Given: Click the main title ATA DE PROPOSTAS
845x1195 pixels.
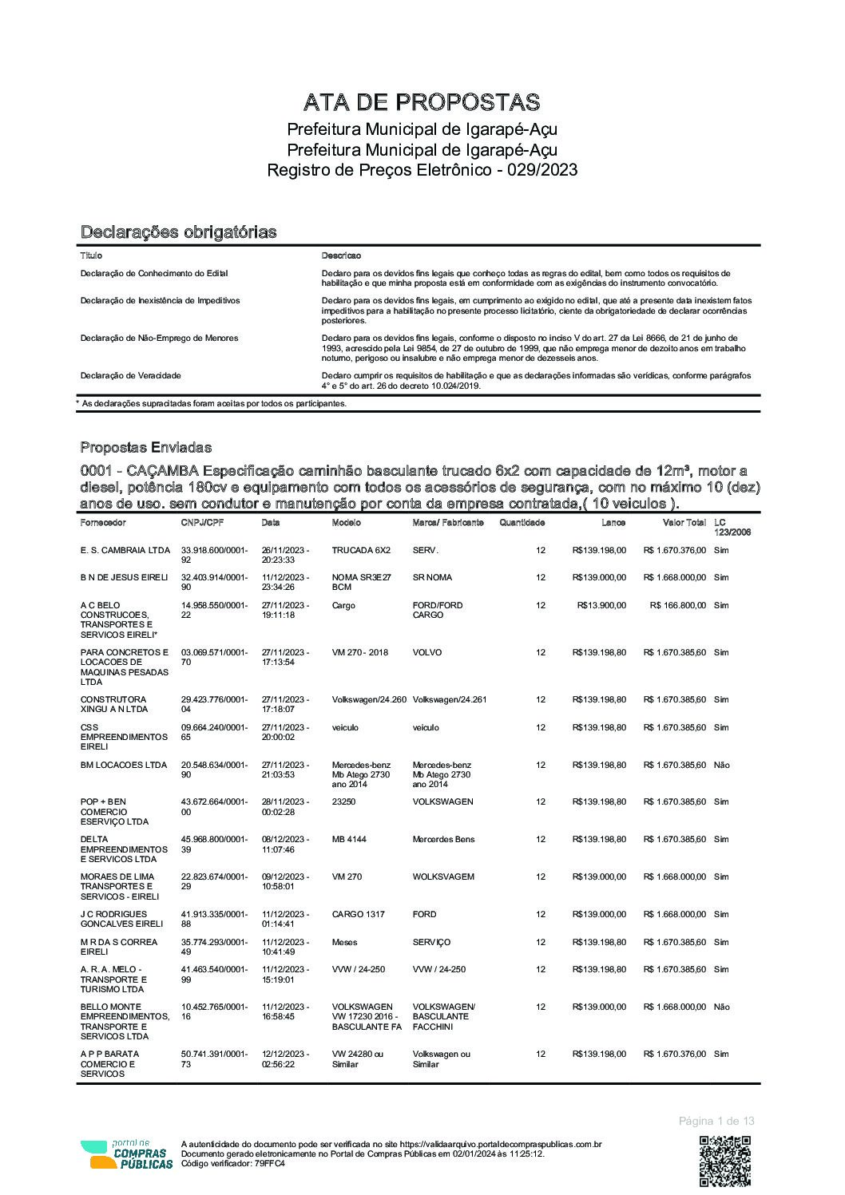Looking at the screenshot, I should click(422, 102).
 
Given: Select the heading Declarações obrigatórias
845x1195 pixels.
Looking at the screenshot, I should click(178, 232).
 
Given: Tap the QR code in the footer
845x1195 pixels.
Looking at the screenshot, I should click(725, 1161).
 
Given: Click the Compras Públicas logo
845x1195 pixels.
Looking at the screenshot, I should click(126, 1154).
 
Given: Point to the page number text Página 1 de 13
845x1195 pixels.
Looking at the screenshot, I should click(716, 1121).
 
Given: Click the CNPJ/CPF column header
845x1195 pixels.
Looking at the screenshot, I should click(203, 523).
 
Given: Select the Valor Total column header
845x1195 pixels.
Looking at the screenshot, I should click(684, 523).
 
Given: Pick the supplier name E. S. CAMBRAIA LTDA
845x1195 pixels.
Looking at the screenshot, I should click(125, 550).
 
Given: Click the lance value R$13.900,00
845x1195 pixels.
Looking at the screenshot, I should click(599, 605).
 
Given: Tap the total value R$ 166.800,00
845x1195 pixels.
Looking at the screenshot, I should click(678, 605).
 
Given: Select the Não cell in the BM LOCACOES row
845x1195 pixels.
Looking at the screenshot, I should click(721, 765).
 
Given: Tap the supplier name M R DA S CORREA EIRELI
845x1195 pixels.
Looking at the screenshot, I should click(119, 947).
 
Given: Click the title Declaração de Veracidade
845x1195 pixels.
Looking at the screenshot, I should click(131, 375).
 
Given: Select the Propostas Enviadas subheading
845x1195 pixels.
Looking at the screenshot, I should click(146, 447).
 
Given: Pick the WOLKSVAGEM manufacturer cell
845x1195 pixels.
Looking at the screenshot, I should click(443, 876).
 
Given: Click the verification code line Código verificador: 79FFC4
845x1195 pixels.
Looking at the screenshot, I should click(233, 1163).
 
